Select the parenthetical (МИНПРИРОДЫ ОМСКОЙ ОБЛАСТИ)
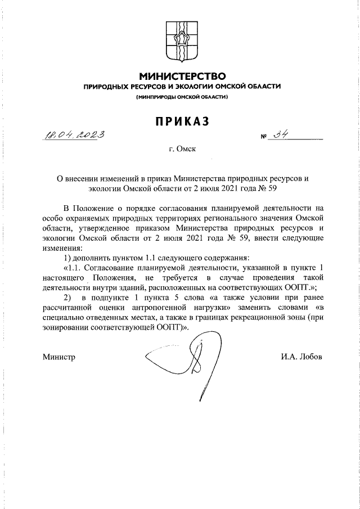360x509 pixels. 182,97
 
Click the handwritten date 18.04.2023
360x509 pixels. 74,135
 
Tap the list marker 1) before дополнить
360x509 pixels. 69,258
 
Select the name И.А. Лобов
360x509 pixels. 302,357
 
